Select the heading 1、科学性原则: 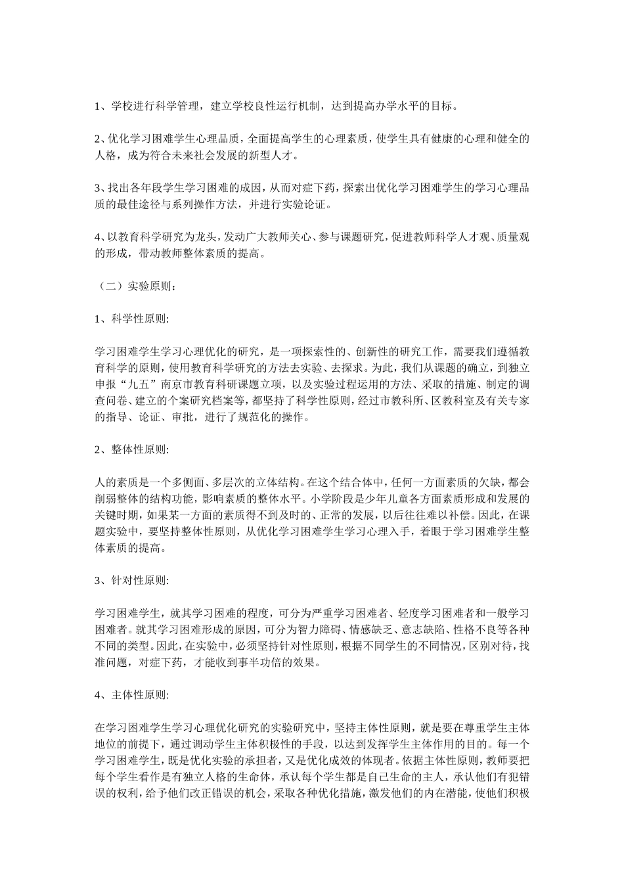[132, 319]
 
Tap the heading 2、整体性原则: [132, 450]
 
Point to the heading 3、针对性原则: [132, 581]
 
